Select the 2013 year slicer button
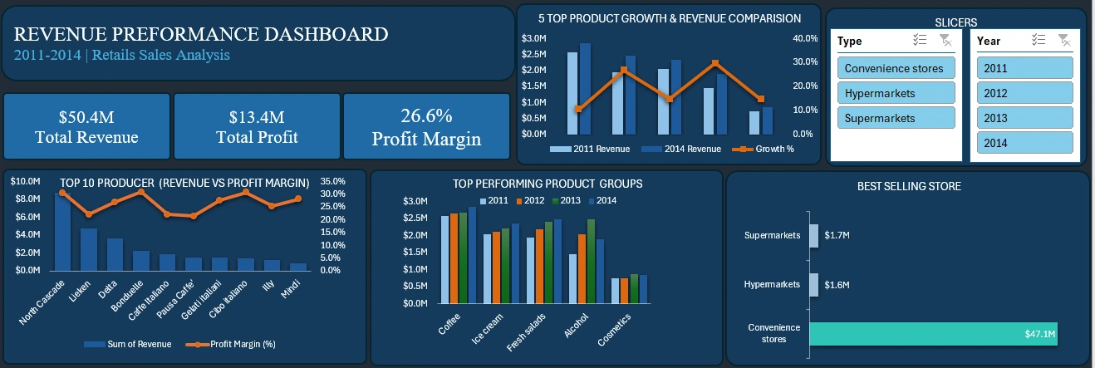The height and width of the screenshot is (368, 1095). pyautogui.click(x=1024, y=118)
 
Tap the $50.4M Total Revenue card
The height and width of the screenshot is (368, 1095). pyautogui.click(x=86, y=126)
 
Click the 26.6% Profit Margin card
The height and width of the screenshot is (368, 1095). pyautogui.click(x=425, y=126)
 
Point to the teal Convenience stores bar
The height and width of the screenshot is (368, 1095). pyautogui.click(x=933, y=334)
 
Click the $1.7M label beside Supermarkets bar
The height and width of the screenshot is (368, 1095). pyautogui.click(x=837, y=236)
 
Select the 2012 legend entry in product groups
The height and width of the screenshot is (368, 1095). pyautogui.click(x=531, y=201)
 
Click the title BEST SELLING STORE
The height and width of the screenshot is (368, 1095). pyautogui.click(x=909, y=186)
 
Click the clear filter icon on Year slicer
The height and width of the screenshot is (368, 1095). pyautogui.click(x=1064, y=41)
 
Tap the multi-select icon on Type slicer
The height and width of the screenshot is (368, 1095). pyautogui.click(x=919, y=41)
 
